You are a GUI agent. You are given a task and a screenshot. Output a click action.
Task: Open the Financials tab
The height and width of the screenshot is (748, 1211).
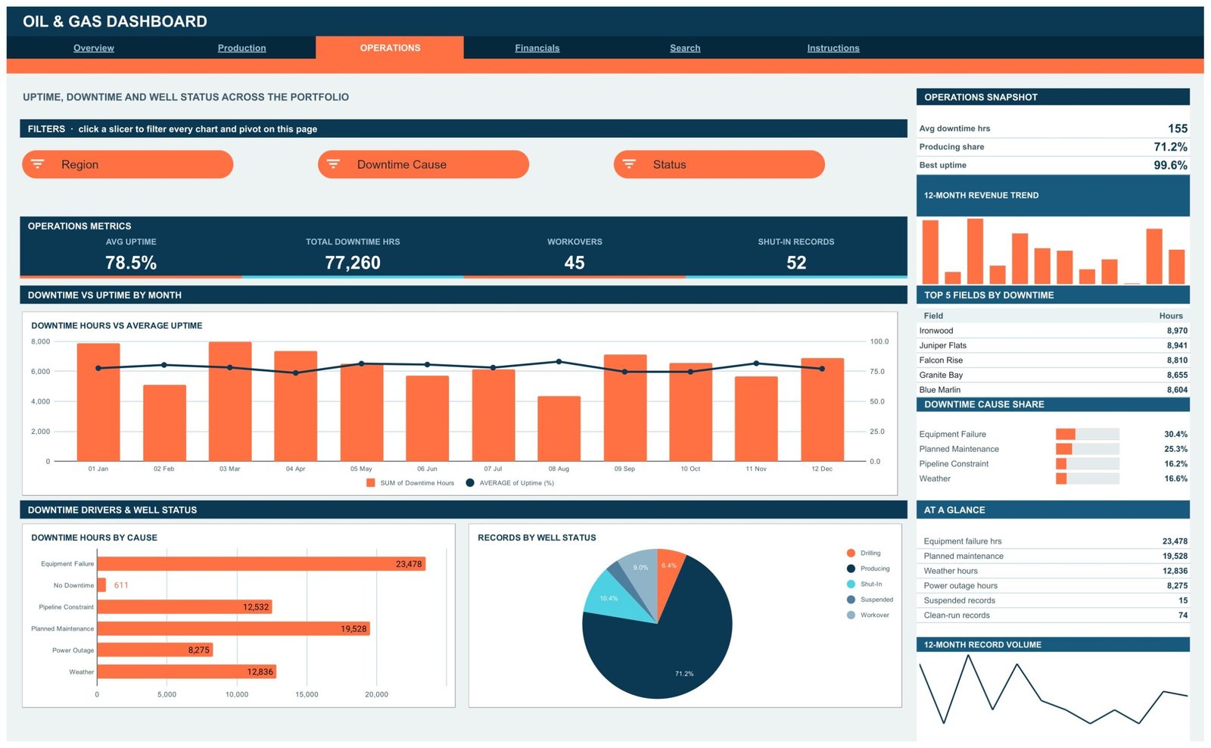(537, 48)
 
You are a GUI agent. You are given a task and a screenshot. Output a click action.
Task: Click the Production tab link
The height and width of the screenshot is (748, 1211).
(241, 48)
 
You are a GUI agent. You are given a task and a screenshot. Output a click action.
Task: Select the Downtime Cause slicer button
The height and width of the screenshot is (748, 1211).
(423, 164)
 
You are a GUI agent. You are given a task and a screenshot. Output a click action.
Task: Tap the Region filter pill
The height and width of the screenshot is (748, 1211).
(128, 164)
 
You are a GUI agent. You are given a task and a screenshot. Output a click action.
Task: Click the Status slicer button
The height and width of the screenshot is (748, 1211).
(719, 164)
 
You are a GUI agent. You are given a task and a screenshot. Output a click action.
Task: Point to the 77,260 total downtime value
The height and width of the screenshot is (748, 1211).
(353, 263)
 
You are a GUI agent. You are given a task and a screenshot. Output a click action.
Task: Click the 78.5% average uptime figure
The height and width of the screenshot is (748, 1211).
(131, 263)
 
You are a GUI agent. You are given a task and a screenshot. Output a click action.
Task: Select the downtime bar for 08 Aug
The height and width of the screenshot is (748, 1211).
(559, 429)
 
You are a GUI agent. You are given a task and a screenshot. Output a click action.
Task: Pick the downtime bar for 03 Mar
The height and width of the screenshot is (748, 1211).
(230, 401)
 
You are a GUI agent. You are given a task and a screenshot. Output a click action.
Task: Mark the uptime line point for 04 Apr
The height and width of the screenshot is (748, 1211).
(295, 373)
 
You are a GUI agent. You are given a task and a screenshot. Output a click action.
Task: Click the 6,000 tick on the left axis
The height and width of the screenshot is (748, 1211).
(41, 372)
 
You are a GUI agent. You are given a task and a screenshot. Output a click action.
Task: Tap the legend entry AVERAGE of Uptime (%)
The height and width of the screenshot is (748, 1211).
(510, 483)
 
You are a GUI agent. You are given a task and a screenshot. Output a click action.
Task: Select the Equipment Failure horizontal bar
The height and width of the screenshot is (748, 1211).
(261, 564)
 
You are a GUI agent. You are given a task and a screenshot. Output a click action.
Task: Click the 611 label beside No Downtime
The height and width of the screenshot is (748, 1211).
(121, 585)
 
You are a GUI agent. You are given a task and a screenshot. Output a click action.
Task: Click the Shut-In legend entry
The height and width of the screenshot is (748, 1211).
(865, 584)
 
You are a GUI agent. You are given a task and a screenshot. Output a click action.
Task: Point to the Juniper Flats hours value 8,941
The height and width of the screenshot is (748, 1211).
(1177, 345)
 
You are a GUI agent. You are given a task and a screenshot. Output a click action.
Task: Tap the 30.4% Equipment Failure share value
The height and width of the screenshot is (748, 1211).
(1176, 435)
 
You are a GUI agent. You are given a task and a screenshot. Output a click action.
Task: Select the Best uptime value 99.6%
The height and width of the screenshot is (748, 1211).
(1170, 166)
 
